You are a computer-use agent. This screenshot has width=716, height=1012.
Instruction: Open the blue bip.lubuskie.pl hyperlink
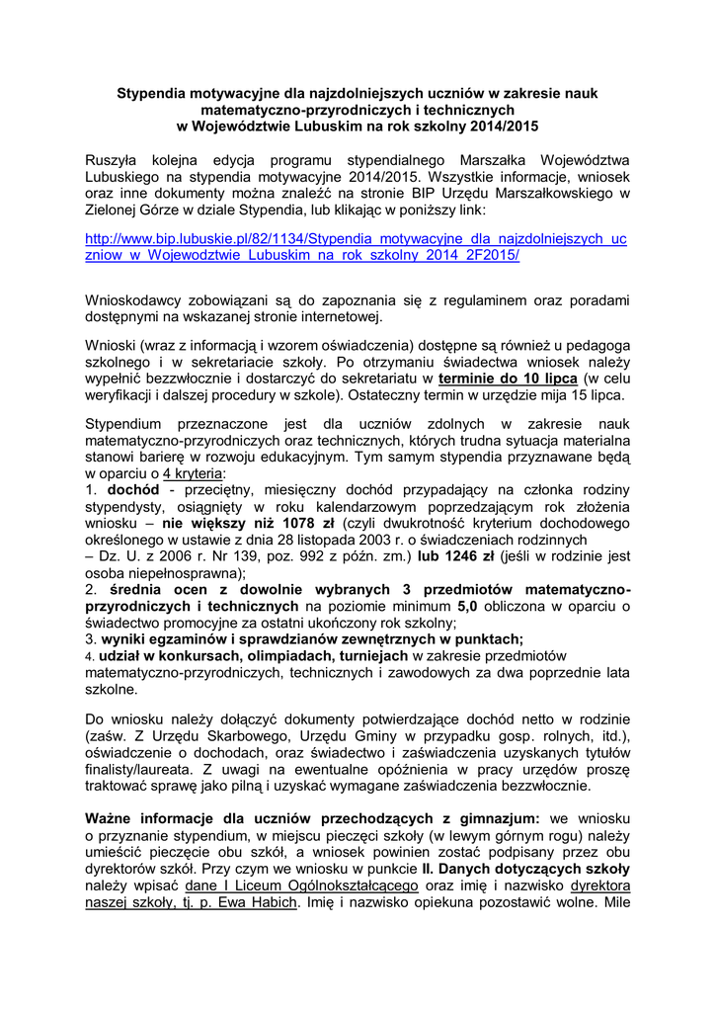357,246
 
